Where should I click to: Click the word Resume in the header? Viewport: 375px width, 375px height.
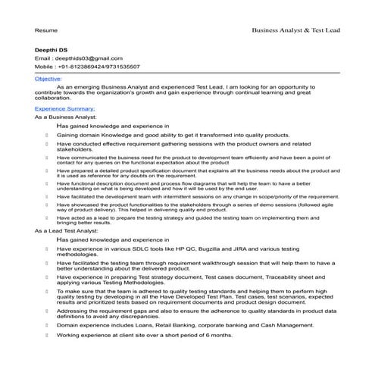45,30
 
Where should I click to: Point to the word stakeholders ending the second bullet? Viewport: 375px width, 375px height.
73,150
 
